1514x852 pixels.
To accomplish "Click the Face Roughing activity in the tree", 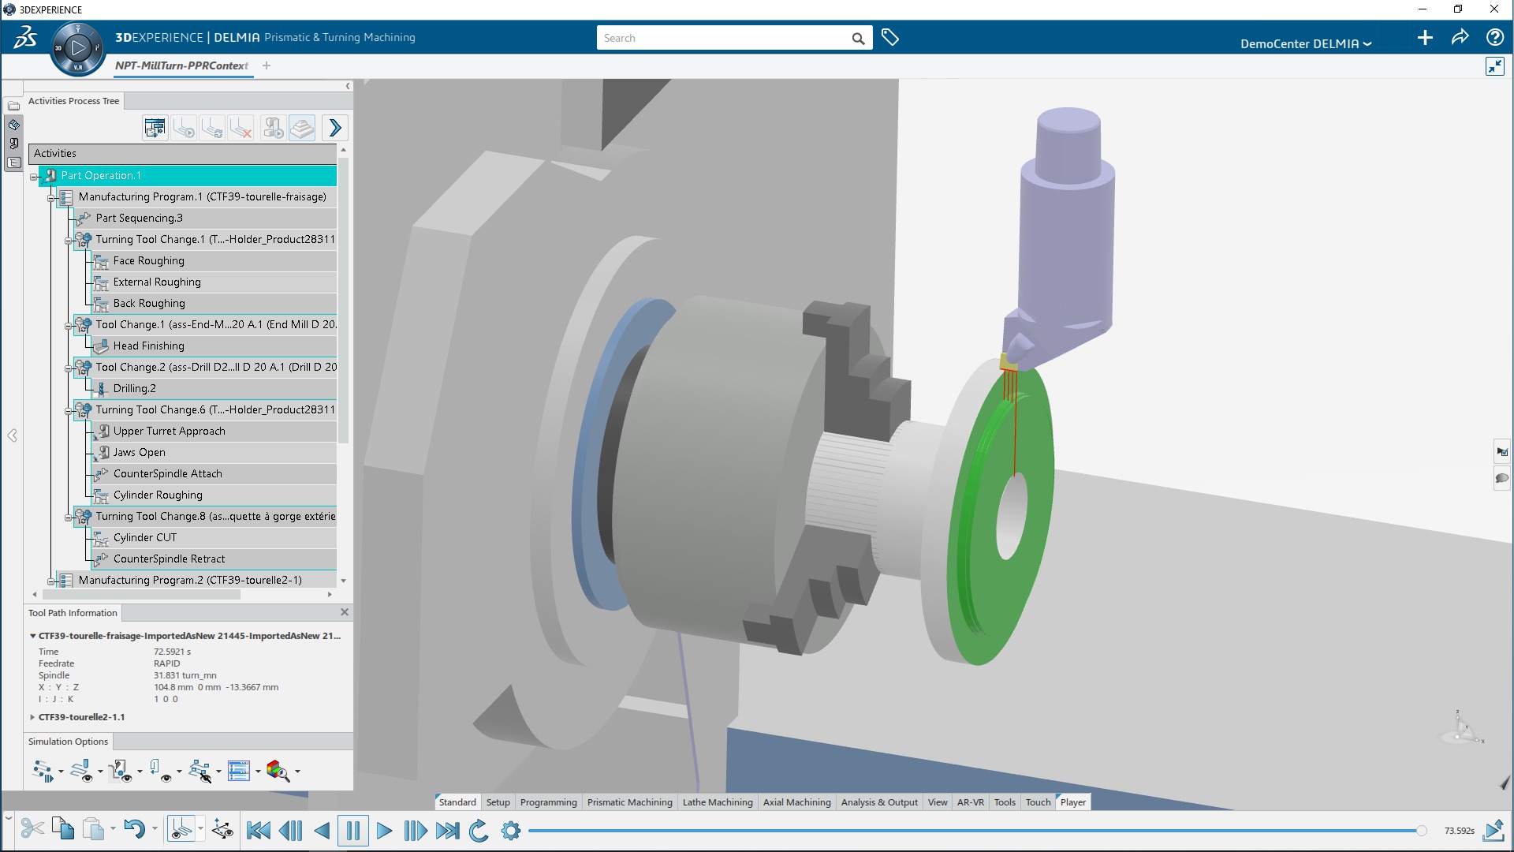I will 148,261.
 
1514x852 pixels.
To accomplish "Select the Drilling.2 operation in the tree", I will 134,389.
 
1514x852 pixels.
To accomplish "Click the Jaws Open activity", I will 139,453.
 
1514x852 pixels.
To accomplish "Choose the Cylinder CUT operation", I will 145,538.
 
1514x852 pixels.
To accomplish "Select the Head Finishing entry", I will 148,346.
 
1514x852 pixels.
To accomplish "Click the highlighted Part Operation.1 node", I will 101,176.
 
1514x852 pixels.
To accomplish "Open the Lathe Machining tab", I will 717,802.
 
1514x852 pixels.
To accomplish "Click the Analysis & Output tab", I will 878,802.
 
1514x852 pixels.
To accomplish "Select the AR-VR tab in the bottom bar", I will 970,802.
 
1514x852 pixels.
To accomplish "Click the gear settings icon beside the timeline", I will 511,831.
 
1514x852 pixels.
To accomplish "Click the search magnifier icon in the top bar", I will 858,39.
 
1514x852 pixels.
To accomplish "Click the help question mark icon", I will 1493,38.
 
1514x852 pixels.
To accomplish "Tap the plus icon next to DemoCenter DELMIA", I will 1424,38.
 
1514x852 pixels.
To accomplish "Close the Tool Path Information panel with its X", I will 345,612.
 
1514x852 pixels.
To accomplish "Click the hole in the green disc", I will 1012,517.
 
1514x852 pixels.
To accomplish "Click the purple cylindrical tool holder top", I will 1068,130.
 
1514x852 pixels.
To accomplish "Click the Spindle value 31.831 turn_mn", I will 185,676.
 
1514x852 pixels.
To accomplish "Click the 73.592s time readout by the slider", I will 1459,831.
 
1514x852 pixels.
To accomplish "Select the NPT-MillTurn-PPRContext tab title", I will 181,66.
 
